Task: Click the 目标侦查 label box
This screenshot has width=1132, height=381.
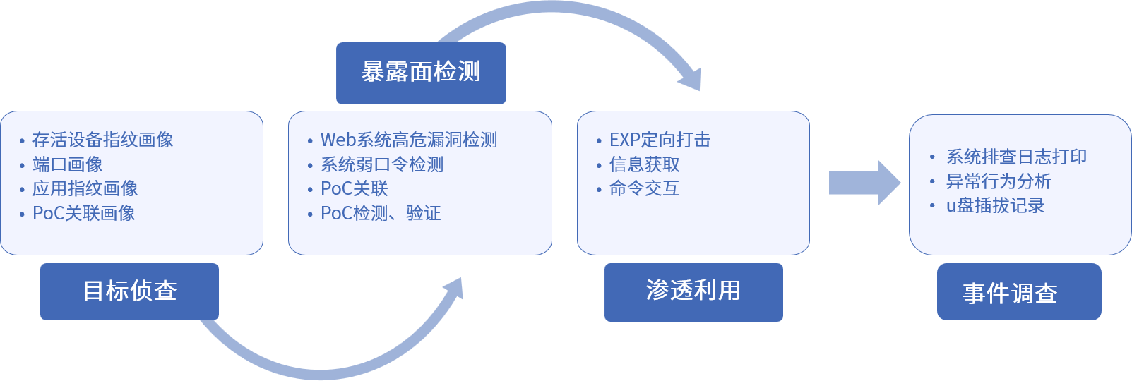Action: coord(129,291)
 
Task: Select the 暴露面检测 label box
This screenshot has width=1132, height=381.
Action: coord(421,73)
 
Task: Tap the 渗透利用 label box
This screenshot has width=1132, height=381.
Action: coord(693,291)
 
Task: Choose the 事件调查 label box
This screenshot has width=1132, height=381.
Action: coord(1018,292)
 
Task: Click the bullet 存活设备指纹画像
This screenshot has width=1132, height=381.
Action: coord(102,140)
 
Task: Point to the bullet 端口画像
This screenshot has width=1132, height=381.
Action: coord(67,164)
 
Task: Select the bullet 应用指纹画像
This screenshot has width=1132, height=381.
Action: coord(85,188)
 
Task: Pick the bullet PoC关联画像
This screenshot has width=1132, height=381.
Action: coord(83,213)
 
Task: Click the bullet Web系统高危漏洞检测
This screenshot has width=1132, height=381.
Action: coord(408,140)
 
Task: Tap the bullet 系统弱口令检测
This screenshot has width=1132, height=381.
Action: coord(381,164)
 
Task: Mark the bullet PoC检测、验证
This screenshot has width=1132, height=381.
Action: coord(380,213)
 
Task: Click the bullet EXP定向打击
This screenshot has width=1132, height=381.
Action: coord(660,140)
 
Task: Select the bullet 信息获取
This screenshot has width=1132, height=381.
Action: coord(644,164)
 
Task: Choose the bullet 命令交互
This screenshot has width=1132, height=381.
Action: coord(644,188)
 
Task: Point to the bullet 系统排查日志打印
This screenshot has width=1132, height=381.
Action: coord(1016,157)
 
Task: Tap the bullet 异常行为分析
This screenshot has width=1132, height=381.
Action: coord(999,181)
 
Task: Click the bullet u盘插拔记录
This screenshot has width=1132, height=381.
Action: coord(995,205)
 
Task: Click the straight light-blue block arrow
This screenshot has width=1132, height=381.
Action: coord(864,183)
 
